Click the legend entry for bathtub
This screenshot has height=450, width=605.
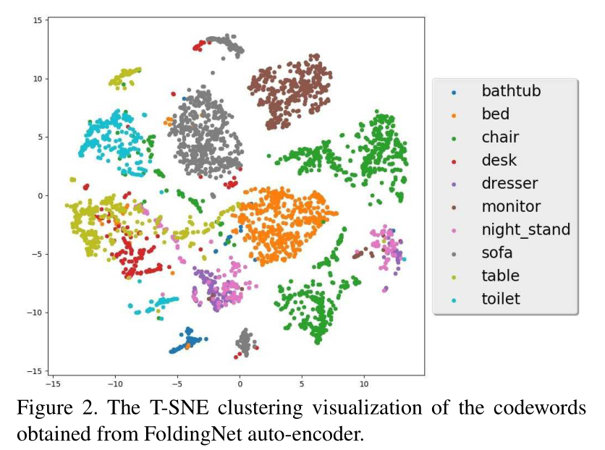pyautogui.click(x=511, y=90)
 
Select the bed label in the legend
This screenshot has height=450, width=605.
pyautogui.click(x=495, y=114)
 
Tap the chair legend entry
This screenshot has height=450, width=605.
pyautogui.click(x=500, y=137)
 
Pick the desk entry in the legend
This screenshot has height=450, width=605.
pyautogui.click(x=499, y=160)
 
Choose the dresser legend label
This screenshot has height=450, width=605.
pyautogui.click(x=509, y=183)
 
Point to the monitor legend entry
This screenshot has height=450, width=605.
pyautogui.click(x=511, y=206)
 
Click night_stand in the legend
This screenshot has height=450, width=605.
pyautogui.click(x=525, y=229)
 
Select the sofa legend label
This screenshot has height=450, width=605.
pyautogui.click(x=497, y=252)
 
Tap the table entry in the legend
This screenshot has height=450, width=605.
pyautogui.click(x=500, y=276)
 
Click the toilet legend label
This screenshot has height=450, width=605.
pyautogui.click(x=501, y=299)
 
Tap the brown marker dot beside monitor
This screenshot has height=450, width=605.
pyautogui.click(x=454, y=208)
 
